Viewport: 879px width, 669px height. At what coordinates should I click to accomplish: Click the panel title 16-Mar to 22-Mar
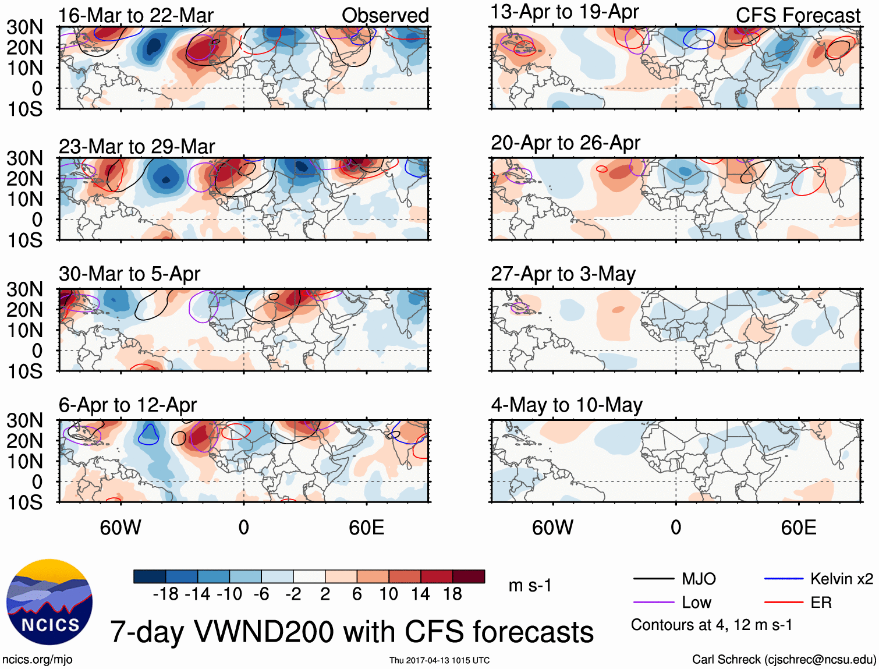(136, 16)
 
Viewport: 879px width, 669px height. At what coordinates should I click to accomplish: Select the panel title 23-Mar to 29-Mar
(137, 147)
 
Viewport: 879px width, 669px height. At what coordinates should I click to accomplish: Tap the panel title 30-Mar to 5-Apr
(129, 274)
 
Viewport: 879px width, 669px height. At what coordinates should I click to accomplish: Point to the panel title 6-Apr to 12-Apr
(127, 405)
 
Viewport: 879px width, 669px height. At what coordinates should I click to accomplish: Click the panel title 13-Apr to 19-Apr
(565, 12)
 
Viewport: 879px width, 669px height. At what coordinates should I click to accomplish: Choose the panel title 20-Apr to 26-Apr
(565, 143)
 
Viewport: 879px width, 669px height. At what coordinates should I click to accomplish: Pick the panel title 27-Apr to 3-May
(563, 274)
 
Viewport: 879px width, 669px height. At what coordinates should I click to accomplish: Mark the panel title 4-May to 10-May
(566, 405)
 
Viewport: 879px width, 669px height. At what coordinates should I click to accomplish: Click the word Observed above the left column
(385, 16)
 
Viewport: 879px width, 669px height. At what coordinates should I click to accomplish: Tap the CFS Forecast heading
(798, 16)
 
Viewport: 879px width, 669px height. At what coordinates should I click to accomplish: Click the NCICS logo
(49, 602)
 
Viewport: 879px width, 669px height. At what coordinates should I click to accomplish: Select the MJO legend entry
(699, 579)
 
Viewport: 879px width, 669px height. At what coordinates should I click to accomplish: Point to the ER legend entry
(821, 603)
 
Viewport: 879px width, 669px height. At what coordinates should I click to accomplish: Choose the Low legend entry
(696, 603)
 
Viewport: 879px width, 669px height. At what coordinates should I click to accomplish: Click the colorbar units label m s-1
(530, 585)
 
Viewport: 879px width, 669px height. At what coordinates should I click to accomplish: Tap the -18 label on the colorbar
(165, 594)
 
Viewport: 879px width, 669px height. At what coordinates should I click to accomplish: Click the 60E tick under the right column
(798, 528)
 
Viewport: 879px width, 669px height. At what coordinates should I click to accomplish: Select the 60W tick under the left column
(120, 528)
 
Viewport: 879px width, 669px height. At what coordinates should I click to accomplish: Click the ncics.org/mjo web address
(37, 659)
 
